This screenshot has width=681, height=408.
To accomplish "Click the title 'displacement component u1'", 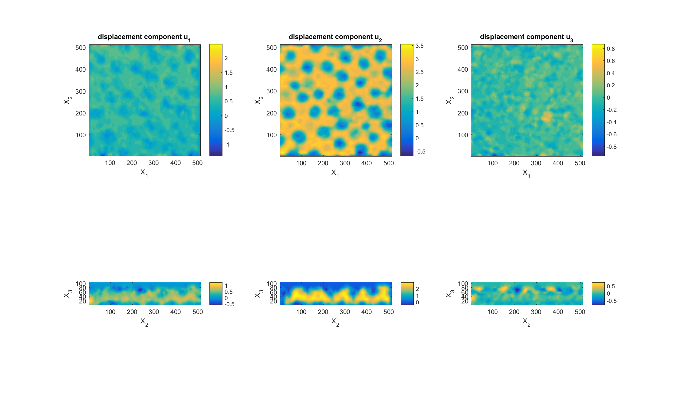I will pyautogui.click(x=144, y=37).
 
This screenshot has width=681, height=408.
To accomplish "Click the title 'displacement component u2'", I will pyautogui.click(x=335, y=37).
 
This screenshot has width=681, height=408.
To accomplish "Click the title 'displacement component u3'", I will pyautogui.click(x=526, y=37).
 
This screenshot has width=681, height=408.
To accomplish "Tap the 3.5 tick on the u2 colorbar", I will pyautogui.click(x=419, y=46).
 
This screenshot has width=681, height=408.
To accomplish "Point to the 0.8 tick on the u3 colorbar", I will pyautogui.click(x=611, y=49).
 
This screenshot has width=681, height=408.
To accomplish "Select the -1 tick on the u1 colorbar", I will pyautogui.click(x=227, y=145).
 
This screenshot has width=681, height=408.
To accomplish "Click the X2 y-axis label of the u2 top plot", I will pyautogui.click(x=258, y=100).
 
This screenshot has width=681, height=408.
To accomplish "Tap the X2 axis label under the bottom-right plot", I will pyautogui.click(x=526, y=322).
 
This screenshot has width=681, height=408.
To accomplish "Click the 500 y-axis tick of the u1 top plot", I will pyautogui.click(x=81, y=48).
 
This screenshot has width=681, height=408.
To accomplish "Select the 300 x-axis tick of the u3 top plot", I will pyautogui.click(x=536, y=163).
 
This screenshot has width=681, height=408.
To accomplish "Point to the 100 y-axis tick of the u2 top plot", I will pyautogui.click(x=271, y=135).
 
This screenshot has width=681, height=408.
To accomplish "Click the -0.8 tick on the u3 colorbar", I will pyautogui.click(x=611, y=147).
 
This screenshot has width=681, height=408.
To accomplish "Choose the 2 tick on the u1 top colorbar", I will pyautogui.click(x=226, y=58).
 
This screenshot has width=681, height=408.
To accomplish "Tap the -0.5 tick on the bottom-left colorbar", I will pyautogui.click(x=229, y=304).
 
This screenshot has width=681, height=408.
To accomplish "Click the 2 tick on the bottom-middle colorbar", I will pyautogui.click(x=417, y=289).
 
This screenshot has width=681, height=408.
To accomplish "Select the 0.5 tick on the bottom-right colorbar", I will pyautogui.click(x=611, y=287).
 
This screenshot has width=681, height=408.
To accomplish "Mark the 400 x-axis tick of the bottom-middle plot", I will pyautogui.click(x=367, y=312).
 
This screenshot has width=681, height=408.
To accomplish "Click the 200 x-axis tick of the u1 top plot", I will pyautogui.click(x=132, y=163).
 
